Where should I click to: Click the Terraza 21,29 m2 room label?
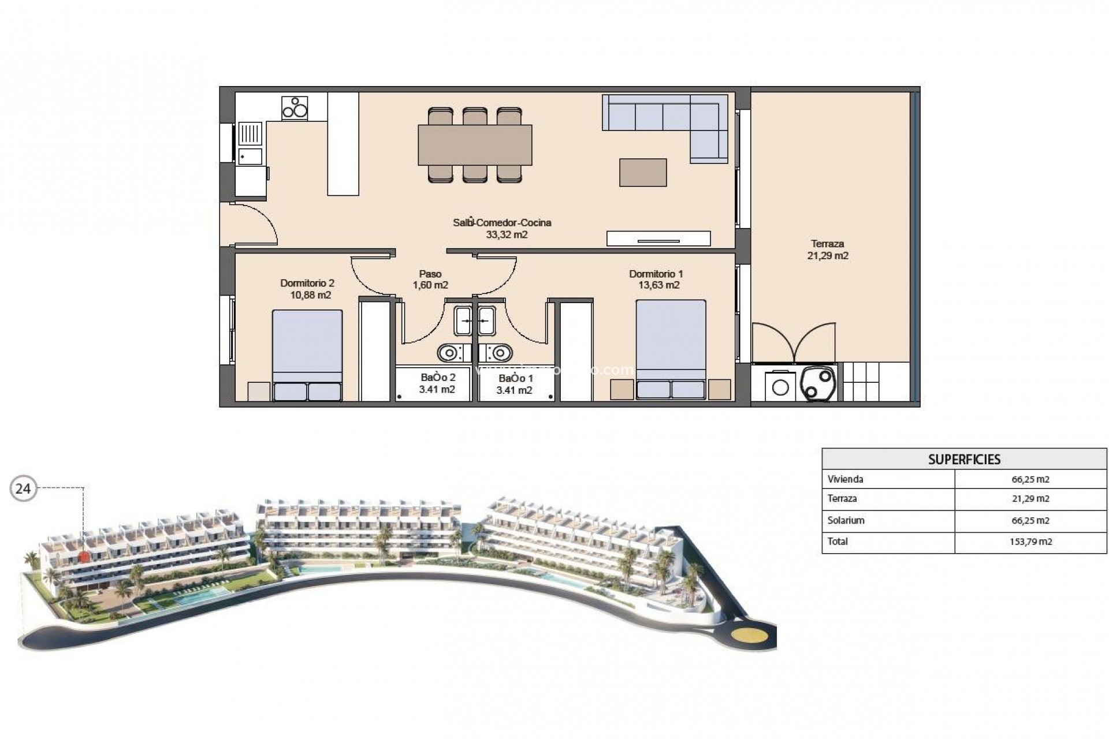coord(828,250)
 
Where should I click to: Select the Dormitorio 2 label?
coord(308,289)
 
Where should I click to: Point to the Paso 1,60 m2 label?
coord(430,279)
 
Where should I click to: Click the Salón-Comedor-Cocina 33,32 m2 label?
coord(502,229)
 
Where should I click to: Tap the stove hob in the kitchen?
coord(295,107)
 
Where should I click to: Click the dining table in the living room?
coord(475,145)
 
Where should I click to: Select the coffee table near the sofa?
coord(643,173)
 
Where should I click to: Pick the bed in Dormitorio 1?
coord(671,349)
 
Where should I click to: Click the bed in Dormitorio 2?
coord(307,354)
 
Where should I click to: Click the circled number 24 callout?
coord(23,489)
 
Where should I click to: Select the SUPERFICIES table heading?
coord(964,460)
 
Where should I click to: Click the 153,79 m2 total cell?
coord(1030,542)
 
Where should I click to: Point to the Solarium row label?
coord(846,520)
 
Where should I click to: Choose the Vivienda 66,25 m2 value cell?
coord(1030,479)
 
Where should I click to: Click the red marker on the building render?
coord(84,556)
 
